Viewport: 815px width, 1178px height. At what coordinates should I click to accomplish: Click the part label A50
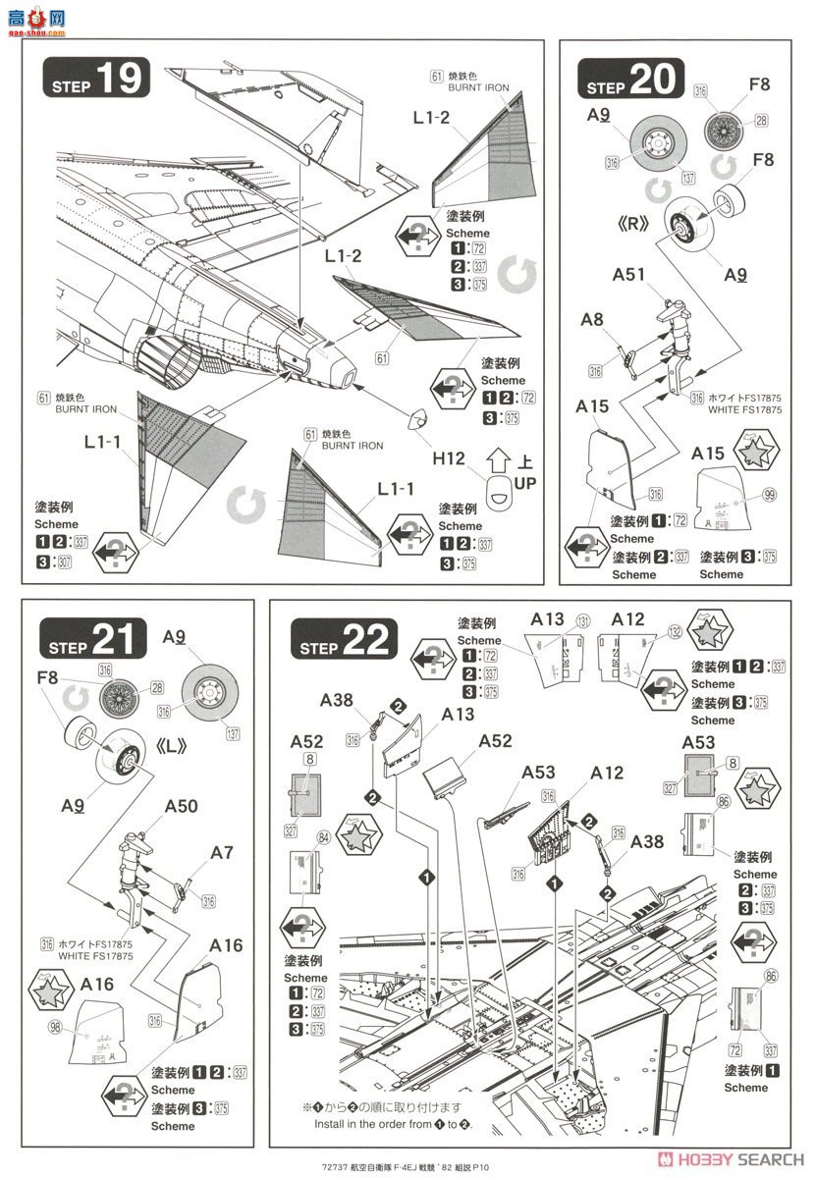click(x=181, y=806)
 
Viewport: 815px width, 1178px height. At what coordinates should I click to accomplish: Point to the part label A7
click(x=222, y=852)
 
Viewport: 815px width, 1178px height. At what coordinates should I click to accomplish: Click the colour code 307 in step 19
click(x=66, y=562)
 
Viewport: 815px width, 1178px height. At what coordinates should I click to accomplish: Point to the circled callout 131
click(x=584, y=621)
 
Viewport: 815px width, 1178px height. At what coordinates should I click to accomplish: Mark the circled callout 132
click(x=675, y=632)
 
